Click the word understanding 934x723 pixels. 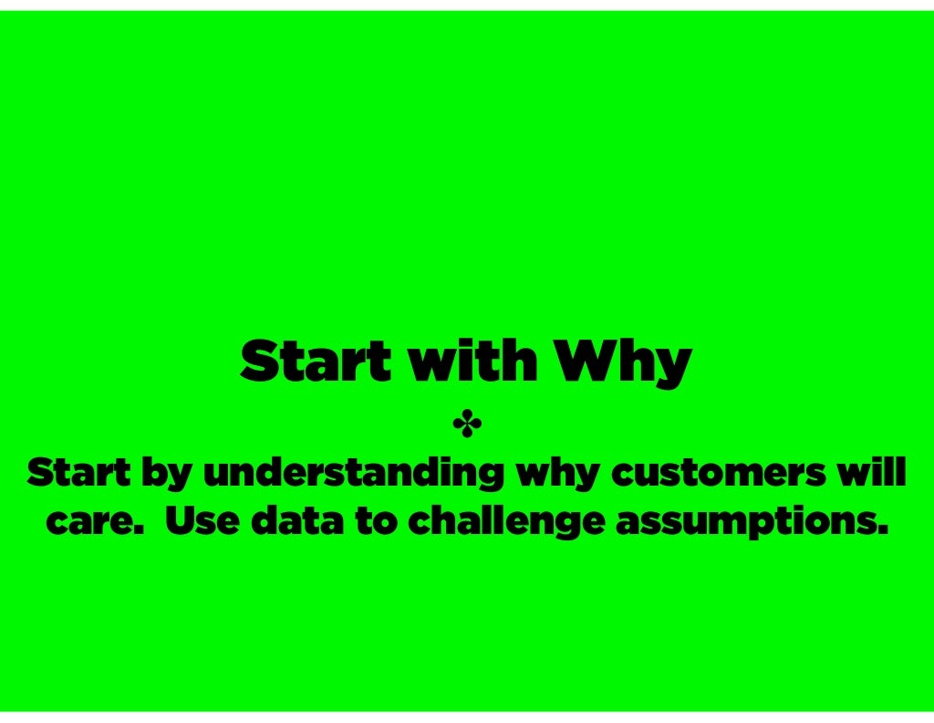tap(353, 476)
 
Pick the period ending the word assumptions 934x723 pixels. tap(881, 531)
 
